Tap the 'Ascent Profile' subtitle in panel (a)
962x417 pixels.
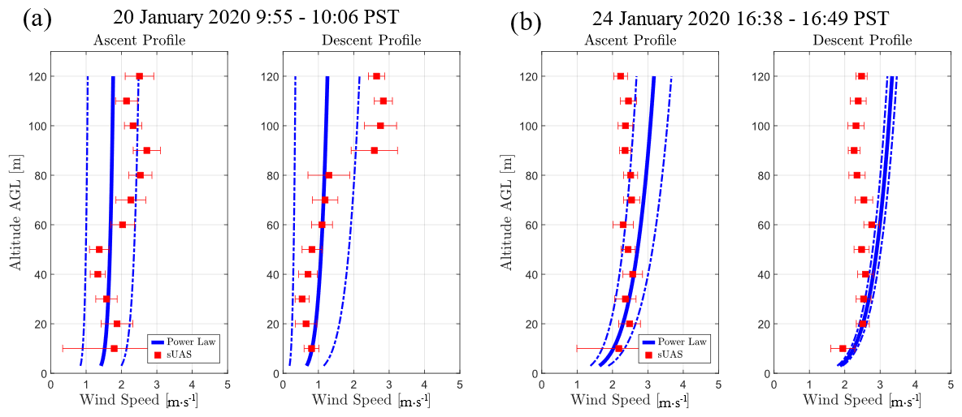tap(139, 40)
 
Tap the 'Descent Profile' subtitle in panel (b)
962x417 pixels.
tap(862, 40)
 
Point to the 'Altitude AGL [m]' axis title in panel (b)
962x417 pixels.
tap(507, 213)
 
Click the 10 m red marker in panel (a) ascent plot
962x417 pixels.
tap(114, 348)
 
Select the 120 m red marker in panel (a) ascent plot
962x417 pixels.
tap(139, 76)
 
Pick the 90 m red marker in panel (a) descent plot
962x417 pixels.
tap(374, 150)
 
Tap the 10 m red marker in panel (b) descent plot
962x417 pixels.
tap(843, 348)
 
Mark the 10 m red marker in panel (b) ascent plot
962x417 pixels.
tap(618, 348)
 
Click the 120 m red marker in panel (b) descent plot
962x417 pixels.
tap(861, 76)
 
